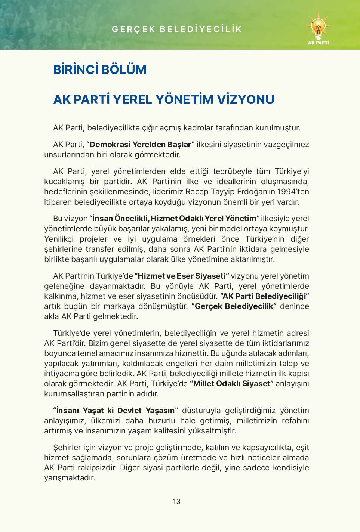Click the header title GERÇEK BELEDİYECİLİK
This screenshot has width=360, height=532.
(177, 29)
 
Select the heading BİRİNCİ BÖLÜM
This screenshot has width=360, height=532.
(99, 70)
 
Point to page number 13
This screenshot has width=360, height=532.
(176, 501)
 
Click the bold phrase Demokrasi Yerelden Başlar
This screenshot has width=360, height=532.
(140, 145)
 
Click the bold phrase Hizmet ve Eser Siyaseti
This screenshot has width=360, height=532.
(182, 276)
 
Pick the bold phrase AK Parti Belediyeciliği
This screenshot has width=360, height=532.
(264, 296)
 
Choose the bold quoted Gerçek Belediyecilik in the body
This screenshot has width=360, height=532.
(234, 306)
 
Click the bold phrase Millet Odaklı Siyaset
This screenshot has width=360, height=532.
(232, 384)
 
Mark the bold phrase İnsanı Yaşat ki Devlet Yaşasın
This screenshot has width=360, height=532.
(116, 411)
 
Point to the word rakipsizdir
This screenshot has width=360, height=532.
(97, 468)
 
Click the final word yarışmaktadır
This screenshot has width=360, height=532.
(70, 478)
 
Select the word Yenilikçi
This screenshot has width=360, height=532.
(59, 239)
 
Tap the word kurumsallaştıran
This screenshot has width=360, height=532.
(74, 394)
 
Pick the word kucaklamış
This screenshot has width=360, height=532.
(64, 182)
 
